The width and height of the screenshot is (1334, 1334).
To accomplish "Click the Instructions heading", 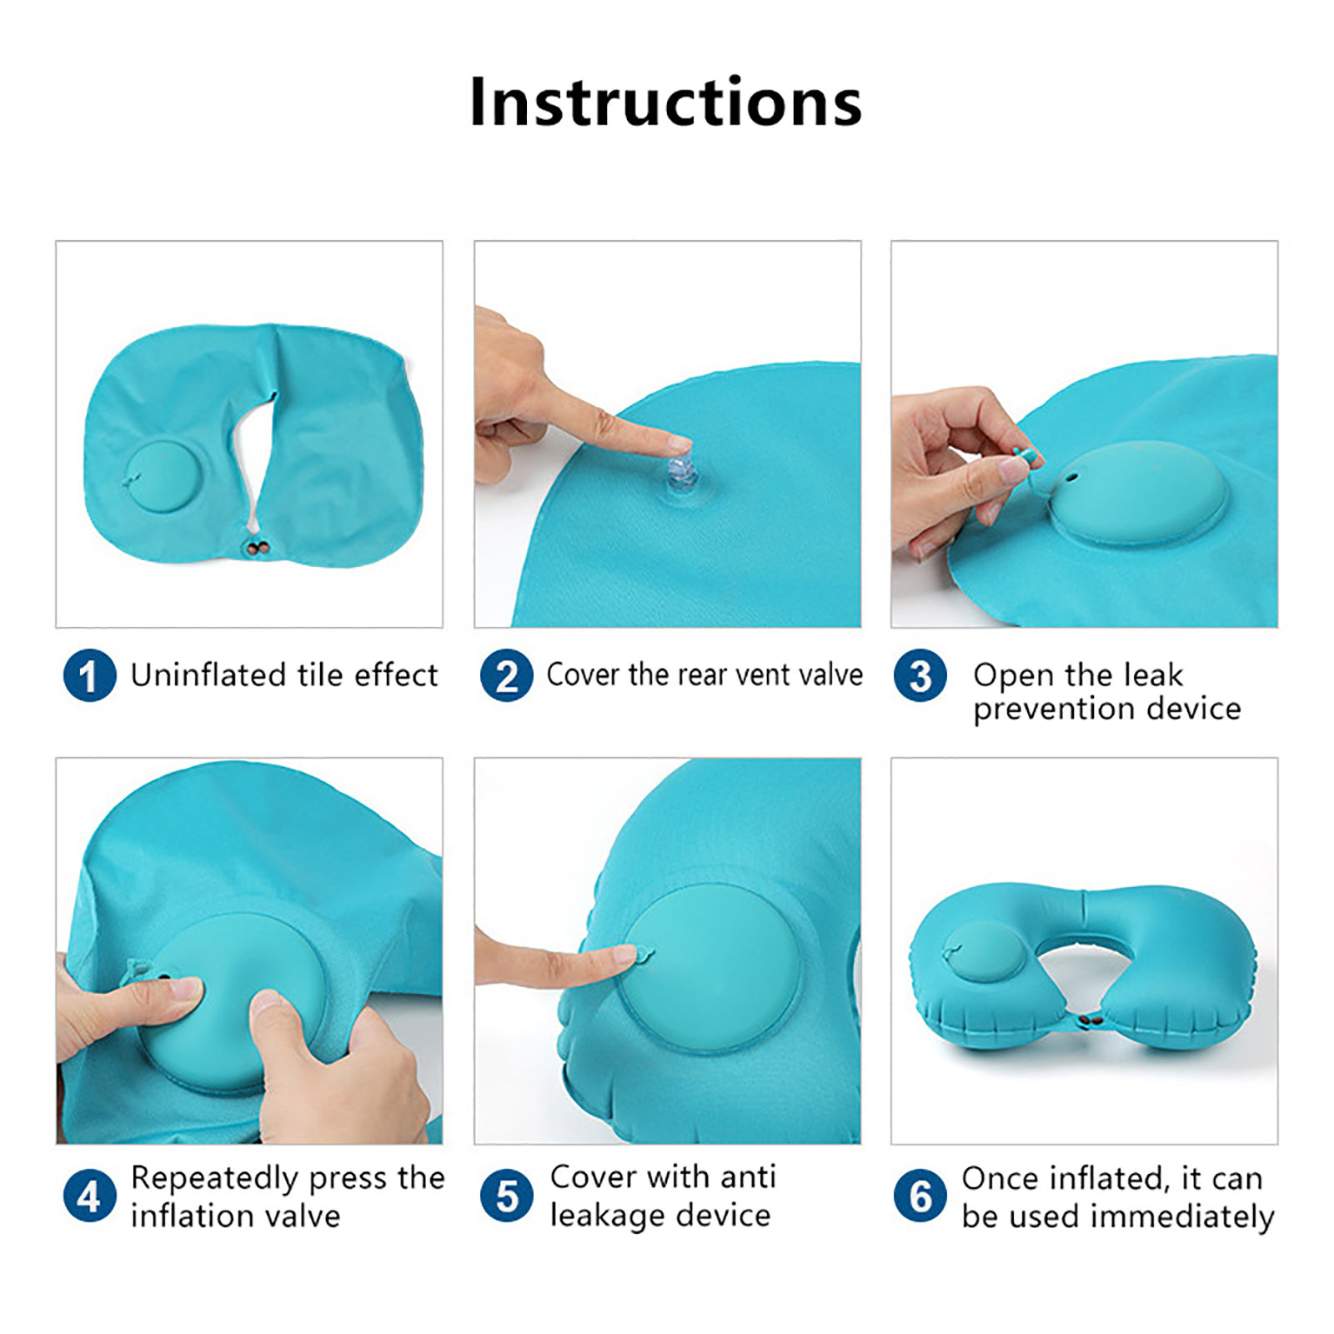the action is coord(665,102).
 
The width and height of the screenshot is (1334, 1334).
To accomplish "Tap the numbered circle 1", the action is coord(89,675).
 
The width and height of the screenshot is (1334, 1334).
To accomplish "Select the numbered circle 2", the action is coord(506,675).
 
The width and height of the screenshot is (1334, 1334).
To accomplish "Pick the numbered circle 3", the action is coord(920,675).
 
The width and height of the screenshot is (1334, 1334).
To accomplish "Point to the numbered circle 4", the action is coord(89,1196).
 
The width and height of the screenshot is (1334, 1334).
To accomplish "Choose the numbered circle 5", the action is coord(506,1196).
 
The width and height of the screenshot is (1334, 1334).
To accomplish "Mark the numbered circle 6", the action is coord(920,1196).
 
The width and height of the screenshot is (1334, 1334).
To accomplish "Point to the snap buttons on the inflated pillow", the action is coord(1085,1020).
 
